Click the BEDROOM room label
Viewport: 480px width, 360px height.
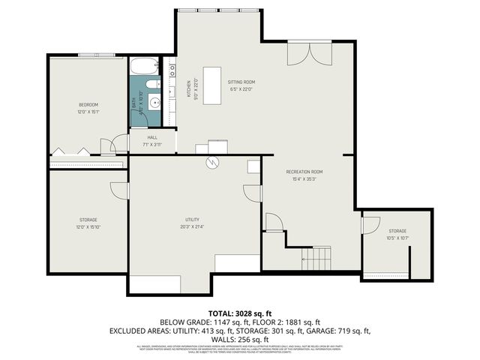(x=88, y=104)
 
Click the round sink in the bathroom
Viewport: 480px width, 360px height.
(x=154, y=103)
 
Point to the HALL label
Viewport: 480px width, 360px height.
(x=152, y=137)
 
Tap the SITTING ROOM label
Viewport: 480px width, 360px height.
(x=241, y=81)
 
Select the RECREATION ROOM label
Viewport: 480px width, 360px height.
(x=304, y=172)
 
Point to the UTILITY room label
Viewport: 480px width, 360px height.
(x=193, y=220)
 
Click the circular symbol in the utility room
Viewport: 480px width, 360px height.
(x=212, y=161)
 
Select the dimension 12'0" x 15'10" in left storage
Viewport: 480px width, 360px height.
(x=88, y=226)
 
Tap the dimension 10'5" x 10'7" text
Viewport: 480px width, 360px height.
(x=397, y=238)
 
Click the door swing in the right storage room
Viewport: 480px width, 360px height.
(x=370, y=225)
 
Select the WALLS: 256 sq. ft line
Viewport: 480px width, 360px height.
(x=239, y=339)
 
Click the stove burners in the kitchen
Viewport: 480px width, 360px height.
(x=172, y=71)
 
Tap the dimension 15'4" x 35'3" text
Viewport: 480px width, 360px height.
(x=304, y=179)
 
